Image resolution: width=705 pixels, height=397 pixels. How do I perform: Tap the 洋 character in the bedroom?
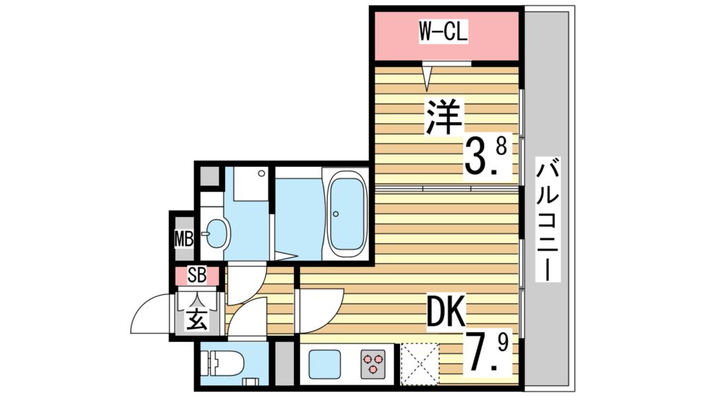443,118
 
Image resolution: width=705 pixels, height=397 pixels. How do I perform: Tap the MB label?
183,240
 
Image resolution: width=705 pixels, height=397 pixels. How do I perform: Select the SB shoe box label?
196,276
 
